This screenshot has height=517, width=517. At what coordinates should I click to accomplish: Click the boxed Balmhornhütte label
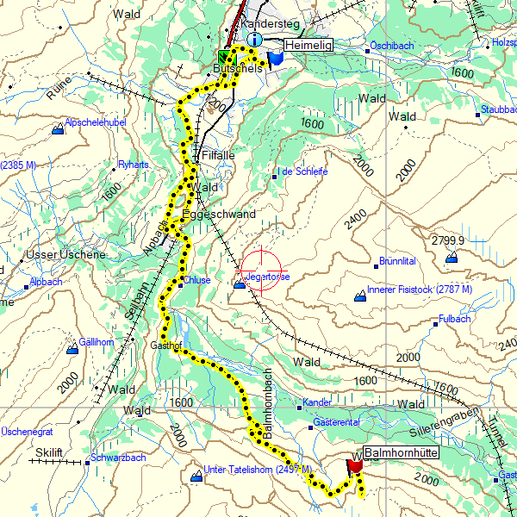tap(402, 452)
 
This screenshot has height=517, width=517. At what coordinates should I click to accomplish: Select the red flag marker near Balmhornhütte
tap(353, 466)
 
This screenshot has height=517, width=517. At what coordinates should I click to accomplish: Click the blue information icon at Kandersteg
tap(253, 40)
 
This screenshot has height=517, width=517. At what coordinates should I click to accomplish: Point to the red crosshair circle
tap(260, 270)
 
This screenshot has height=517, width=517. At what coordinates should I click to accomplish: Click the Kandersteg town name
tap(268, 24)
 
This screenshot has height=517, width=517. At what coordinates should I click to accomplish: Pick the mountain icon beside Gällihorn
tap(73, 348)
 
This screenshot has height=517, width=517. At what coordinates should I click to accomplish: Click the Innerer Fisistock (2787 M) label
tap(420, 290)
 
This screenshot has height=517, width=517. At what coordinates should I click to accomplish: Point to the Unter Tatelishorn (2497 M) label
tap(251, 470)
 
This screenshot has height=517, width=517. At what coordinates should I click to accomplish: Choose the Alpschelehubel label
tap(97, 123)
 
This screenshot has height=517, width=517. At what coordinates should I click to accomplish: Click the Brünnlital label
tap(397, 260)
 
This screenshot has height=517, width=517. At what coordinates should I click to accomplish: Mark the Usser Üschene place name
tap(65, 255)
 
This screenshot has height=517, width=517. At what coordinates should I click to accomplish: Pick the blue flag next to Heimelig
tap(276, 57)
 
